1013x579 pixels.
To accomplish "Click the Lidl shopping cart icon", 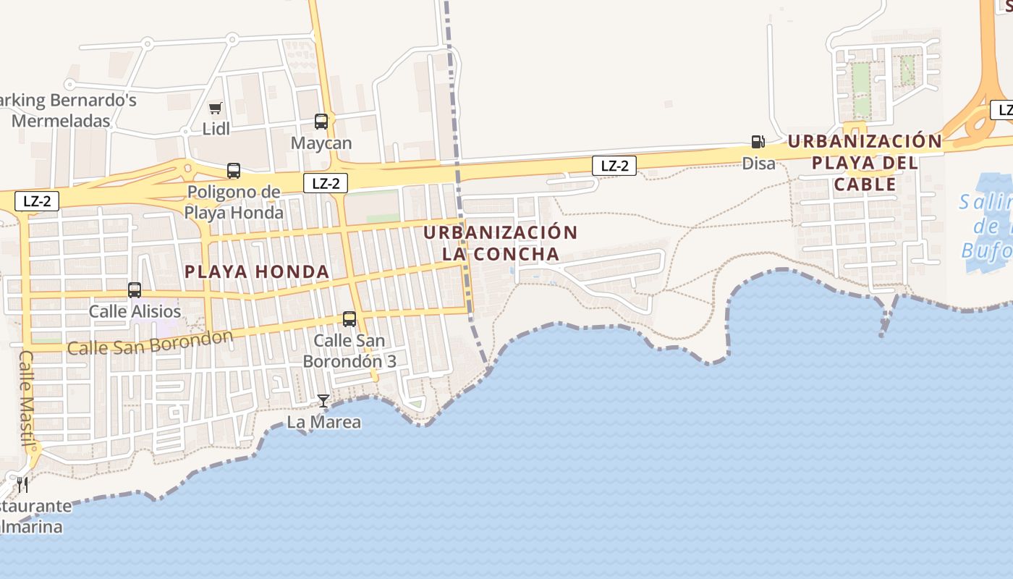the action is [x=215, y=109].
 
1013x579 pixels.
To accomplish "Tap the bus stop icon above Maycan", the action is [x=321, y=122].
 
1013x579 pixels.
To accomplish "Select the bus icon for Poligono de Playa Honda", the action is [x=233, y=171].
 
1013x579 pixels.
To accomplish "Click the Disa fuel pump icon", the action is [x=758, y=142].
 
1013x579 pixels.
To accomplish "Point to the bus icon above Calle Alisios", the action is [x=135, y=290].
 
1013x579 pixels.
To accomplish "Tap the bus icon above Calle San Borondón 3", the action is [x=349, y=318].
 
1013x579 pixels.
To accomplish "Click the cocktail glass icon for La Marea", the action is [x=323, y=400].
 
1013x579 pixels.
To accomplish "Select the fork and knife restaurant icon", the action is [x=22, y=483].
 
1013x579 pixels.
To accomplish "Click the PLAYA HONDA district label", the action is [x=257, y=272].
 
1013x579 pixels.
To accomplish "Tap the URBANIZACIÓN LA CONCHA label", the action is [x=501, y=243].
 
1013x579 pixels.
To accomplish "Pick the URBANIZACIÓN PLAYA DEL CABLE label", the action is [x=865, y=162].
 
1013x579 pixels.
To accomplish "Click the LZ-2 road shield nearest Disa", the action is [x=614, y=166].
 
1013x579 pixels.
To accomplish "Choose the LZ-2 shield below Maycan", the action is [x=326, y=184].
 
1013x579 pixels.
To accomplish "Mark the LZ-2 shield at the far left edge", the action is [x=37, y=201].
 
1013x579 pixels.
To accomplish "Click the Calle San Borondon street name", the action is [x=150, y=343].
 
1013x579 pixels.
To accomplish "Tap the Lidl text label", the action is [x=216, y=129].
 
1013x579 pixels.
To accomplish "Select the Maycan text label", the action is [x=321, y=143].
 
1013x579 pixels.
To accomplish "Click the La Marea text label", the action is [x=324, y=422].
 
